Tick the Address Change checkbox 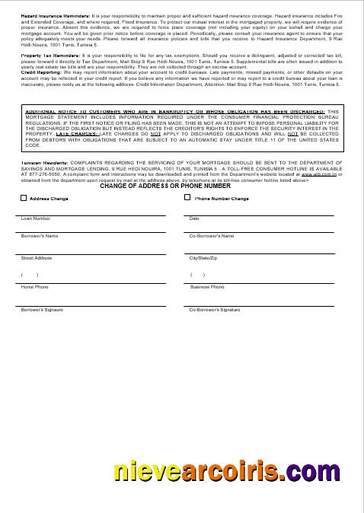click(x=24, y=199)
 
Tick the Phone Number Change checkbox click(x=188, y=198)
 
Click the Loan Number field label click(x=36, y=218)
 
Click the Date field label click(x=194, y=218)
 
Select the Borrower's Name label click(x=40, y=236)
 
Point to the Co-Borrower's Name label click(x=212, y=236)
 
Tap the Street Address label click(x=37, y=258)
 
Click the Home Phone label click(x=34, y=287)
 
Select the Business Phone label click(x=207, y=287)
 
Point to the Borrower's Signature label click(x=42, y=310)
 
